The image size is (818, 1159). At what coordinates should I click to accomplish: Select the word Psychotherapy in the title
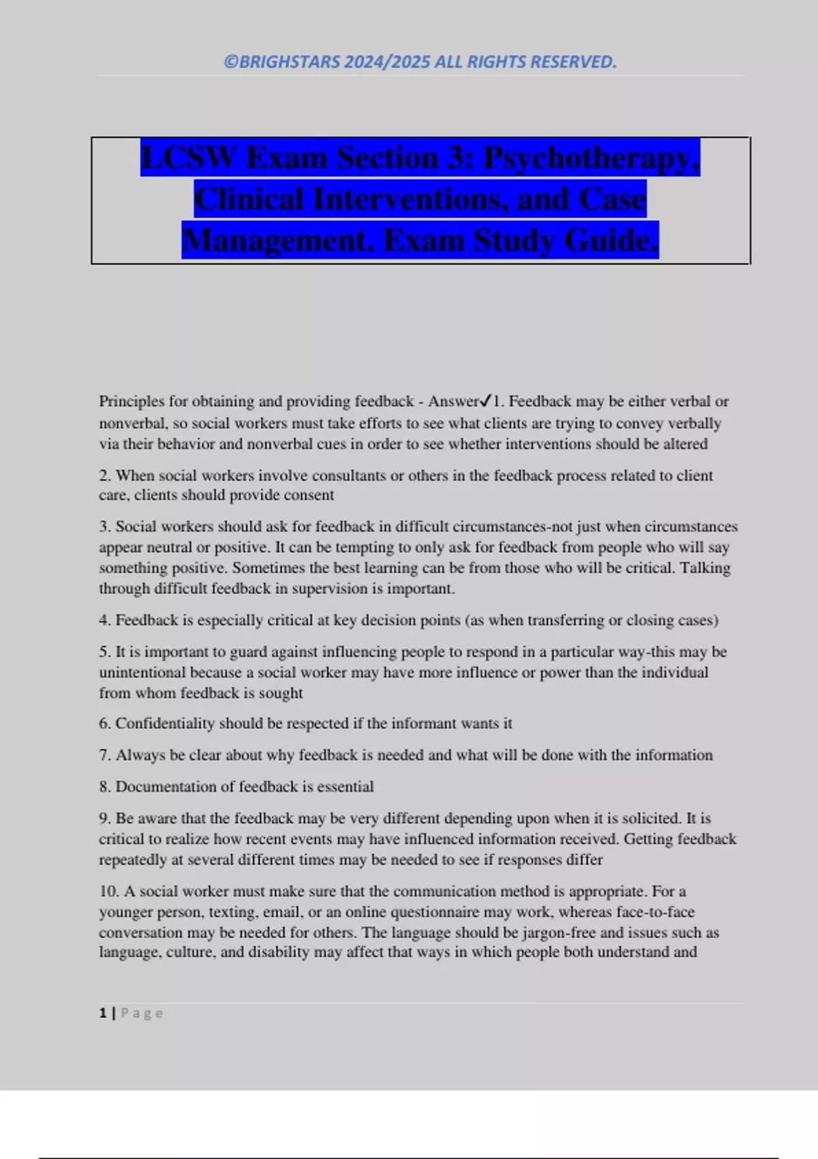(x=591, y=158)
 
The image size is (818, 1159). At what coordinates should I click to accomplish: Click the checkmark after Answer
(x=487, y=401)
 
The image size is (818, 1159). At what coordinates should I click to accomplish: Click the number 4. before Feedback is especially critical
(x=105, y=620)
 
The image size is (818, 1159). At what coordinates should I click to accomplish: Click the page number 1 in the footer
(x=103, y=1013)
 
